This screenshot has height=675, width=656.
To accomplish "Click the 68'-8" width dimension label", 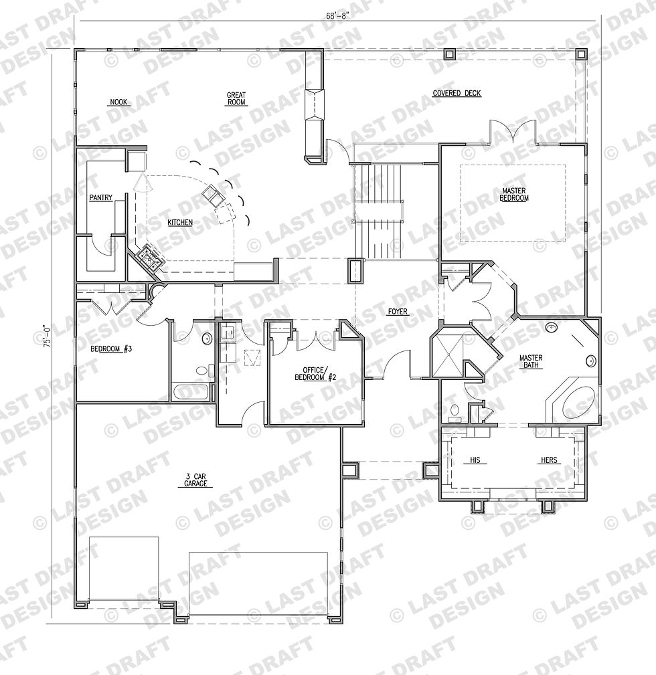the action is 337,16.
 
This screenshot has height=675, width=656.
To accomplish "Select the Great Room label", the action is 236,98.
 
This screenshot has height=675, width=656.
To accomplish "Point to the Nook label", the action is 118,102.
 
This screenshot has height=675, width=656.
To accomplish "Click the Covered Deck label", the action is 457,93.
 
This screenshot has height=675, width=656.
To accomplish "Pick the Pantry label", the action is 101,197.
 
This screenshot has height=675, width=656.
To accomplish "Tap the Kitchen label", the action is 180,222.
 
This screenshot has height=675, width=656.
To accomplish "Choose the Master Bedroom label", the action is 514,195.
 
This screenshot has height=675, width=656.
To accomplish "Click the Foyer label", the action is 398,311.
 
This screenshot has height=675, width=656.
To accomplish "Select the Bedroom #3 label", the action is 111,349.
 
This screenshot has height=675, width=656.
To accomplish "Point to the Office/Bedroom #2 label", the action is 315,374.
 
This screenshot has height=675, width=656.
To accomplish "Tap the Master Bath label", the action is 531,362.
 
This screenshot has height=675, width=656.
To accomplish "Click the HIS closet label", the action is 475,460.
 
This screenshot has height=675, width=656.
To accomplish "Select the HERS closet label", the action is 549,460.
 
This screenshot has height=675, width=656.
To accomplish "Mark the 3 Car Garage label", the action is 195,480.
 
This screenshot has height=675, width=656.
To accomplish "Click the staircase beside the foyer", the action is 378,211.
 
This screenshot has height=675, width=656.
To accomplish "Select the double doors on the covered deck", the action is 513,131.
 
